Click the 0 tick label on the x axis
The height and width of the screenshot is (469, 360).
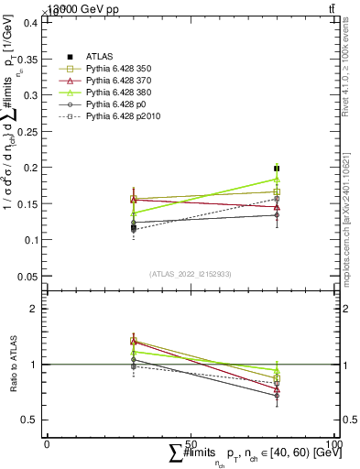pos(47,443)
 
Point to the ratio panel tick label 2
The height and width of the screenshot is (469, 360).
pos(34,309)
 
